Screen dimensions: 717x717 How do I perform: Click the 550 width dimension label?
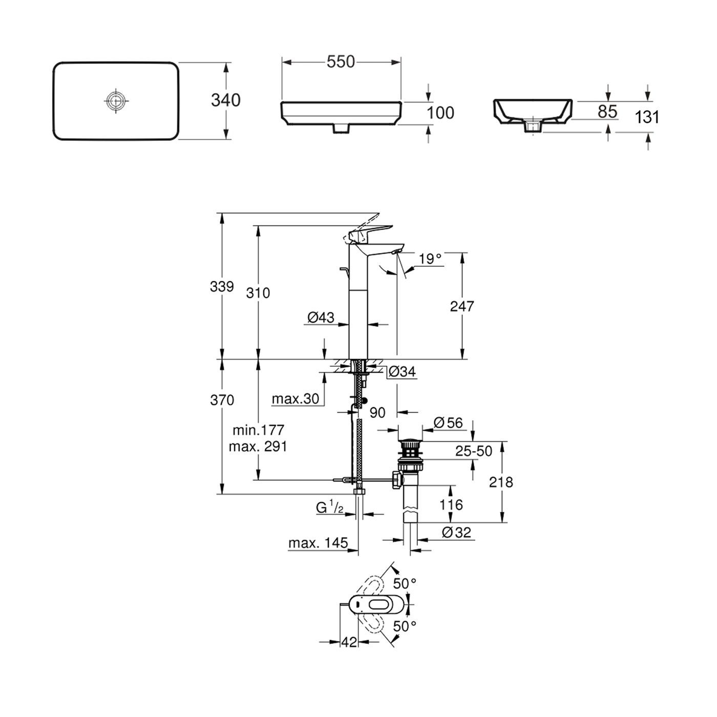point(341,61)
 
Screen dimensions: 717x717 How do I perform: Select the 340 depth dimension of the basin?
point(225,100)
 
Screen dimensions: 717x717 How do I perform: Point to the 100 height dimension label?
point(440,113)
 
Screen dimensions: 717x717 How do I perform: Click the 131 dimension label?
point(647,117)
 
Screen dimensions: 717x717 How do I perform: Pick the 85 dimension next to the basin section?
point(607,111)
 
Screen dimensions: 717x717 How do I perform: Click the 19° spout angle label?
point(430,259)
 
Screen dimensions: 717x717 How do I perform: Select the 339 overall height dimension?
point(222,286)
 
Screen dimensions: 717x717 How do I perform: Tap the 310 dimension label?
point(258,293)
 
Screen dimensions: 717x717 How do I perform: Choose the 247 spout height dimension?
point(462,306)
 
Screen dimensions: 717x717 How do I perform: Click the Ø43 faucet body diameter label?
point(321,318)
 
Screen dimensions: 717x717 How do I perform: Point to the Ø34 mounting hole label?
point(402,372)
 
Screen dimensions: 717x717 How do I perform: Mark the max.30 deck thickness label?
point(296,398)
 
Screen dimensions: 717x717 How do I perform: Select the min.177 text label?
point(258,429)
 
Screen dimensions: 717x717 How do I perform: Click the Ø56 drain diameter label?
point(448,423)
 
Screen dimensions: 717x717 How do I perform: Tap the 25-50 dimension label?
point(474,451)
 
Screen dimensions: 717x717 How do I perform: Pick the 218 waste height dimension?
point(501,482)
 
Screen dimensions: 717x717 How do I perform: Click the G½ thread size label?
point(329,508)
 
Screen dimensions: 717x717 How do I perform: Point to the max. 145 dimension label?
point(318,543)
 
